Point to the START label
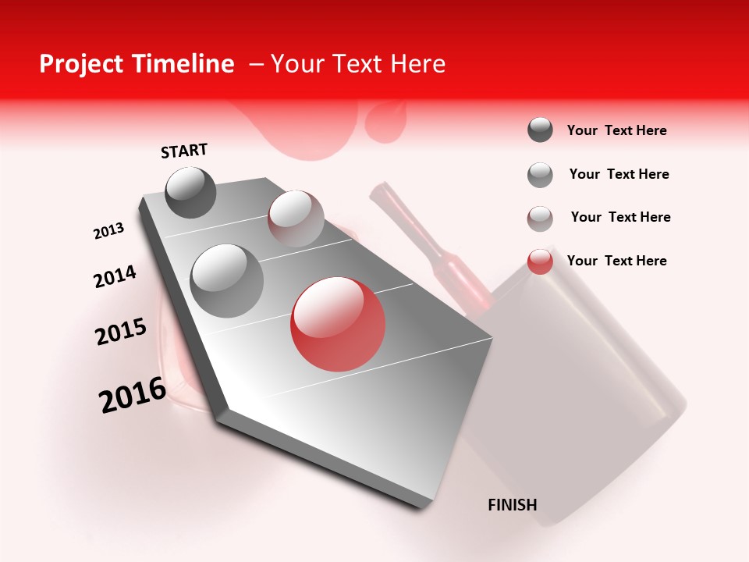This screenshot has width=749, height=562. tap(184, 151)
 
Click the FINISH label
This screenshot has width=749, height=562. tap(512, 505)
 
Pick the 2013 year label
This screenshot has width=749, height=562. tap(108, 231)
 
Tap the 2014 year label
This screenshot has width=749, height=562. tap(115, 277)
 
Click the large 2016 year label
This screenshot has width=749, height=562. tap(133, 394)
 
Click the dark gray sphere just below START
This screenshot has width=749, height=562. tap(190, 192)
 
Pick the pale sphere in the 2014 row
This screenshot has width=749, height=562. tap(295, 219)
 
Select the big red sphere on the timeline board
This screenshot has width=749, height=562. tap(338, 324)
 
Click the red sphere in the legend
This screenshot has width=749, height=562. tap(540, 261)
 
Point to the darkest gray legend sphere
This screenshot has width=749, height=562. tap(540, 130)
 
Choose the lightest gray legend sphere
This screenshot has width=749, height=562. tap(540, 219)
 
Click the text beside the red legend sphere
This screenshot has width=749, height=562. tap(616, 261)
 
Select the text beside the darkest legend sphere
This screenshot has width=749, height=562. tap(616, 130)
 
